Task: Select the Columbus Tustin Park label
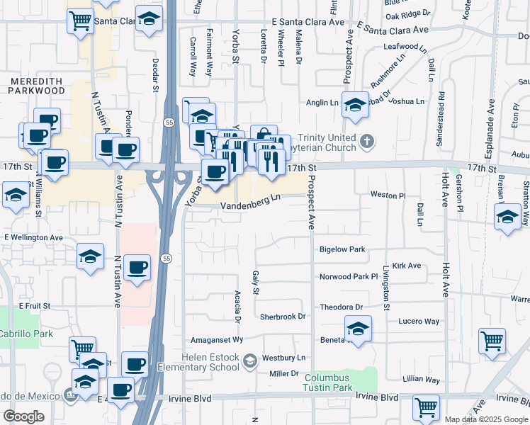tap(327, 382)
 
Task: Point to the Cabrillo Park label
tap(26, 333)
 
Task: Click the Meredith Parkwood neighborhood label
tap(36, 86)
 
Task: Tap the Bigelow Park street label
tap(342, 249)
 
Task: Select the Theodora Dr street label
tap(341, 307)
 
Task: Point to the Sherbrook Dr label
tap(282, 317)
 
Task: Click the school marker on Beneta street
tap(358, 329)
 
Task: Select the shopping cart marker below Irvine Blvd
tap(426, 407)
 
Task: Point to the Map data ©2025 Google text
tap(486, 419)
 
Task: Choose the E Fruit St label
tap(35, 305)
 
